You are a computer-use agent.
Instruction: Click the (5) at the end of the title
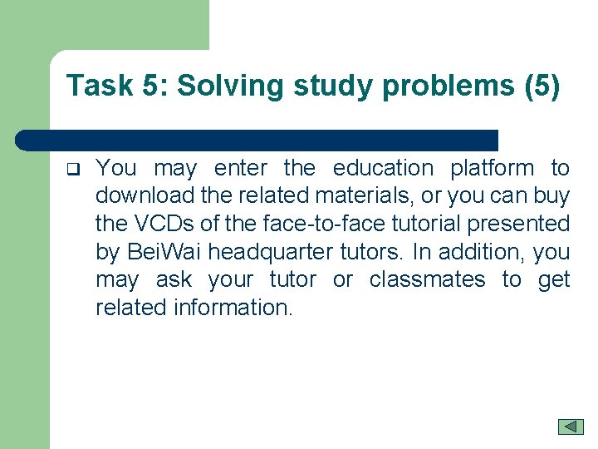(x=542, y=86)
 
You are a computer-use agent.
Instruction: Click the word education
(x=383, y=168)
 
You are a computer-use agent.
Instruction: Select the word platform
(x=493, y=168)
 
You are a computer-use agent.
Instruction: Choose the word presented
(x=517, y=224)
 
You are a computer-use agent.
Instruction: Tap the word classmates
(x=427, y=279)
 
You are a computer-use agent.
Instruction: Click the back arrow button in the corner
(x=571, y=426)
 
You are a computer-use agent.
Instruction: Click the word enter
(x=240, y=168)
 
